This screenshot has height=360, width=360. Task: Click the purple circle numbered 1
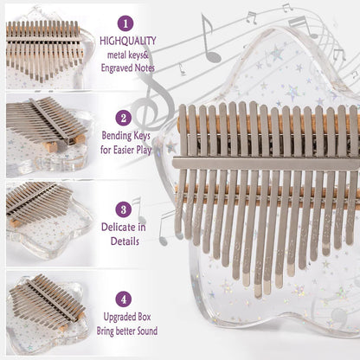point(125,23)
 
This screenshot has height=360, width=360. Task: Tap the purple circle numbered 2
point(124,118)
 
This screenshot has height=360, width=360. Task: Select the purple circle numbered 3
point(124,209)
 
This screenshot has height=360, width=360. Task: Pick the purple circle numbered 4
point(124,299)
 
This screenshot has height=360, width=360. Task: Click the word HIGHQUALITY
point(128,41)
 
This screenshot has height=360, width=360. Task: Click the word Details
point(125,241)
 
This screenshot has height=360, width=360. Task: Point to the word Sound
point(147,331)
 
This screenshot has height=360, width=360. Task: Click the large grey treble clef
point(153,104)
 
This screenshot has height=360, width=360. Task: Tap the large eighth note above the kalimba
point(209,39)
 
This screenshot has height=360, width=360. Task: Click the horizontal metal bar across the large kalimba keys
point(266,164)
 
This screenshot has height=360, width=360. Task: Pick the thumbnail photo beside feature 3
point(49,224)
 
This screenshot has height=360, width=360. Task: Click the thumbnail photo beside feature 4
point(48,312)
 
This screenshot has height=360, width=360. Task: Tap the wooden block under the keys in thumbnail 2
point(51,146)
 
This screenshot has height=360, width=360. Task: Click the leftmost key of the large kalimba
point(181,170)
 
